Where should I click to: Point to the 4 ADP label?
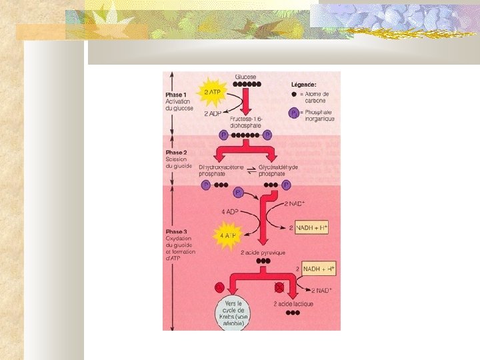coord(231,213)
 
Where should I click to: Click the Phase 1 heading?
coord(177,94)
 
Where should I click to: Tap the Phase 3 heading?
coord(177,232)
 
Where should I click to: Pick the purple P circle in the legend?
coord(294,113)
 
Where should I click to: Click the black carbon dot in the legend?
coord(294,95)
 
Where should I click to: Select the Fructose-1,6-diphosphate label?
coord(247,121)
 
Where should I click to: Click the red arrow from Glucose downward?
coord(245,101)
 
